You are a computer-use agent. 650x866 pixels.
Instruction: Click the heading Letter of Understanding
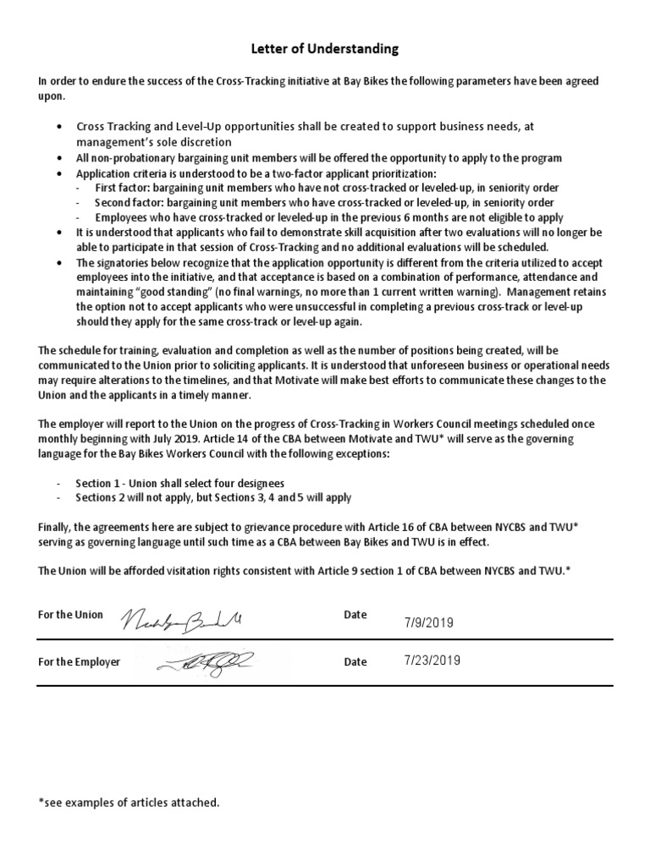click(x=325, y=49)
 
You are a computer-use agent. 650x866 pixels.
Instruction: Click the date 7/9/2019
click(x=429, y=622)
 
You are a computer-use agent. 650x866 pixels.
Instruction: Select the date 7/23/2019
click(x=432, y=661)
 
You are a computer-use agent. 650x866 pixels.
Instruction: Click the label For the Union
click(x=70, y=615)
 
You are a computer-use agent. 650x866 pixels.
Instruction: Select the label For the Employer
click(x=79, y=662)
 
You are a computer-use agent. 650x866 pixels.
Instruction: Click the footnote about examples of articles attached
click(x=129, y=802)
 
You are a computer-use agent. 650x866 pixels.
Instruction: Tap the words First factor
click(x=120, y=187)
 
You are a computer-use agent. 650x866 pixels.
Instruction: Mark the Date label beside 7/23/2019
click(x=355, y=662)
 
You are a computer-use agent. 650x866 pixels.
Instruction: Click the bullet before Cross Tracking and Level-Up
click(x=58, y=126)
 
